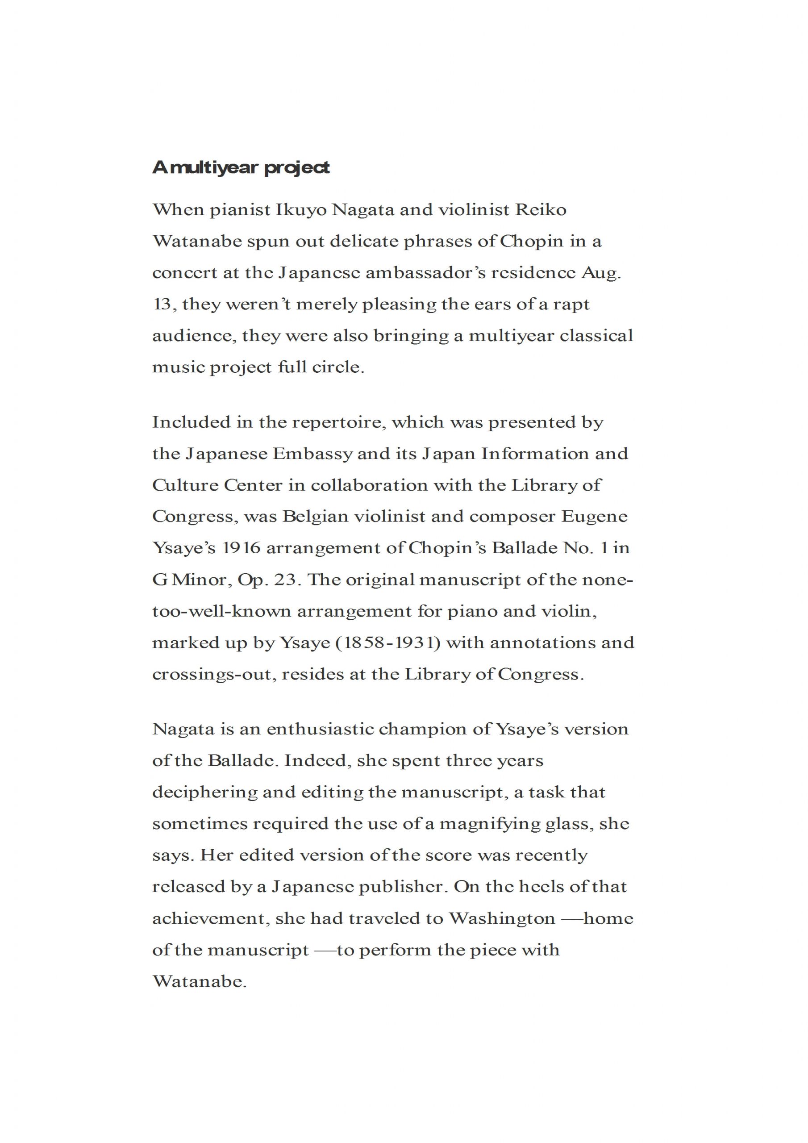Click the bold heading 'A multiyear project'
(x=241, y=168)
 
